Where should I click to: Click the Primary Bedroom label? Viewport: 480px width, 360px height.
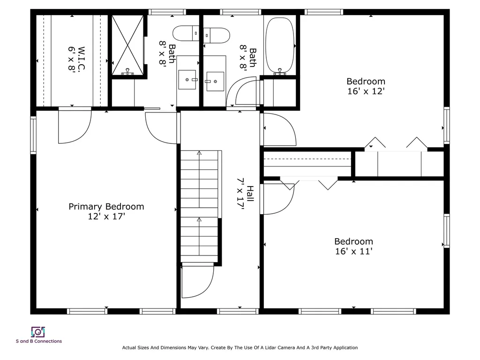point(106,207)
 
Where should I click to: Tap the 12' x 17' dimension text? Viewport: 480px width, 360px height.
point(106,217)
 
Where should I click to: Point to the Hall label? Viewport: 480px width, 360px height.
point(250,194)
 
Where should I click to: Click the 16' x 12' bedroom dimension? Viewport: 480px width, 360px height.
point(366,91)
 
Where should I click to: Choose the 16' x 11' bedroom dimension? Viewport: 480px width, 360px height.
point(353,251)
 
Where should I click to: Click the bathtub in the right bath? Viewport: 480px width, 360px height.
point(279,45)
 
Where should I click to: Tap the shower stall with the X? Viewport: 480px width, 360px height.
point(127,45)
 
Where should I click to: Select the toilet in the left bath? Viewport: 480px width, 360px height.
point(186,33)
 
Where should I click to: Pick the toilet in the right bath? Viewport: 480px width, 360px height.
point(217,36)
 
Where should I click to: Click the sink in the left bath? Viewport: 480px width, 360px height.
point(187,80)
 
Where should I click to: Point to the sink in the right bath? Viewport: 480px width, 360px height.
point(215,82)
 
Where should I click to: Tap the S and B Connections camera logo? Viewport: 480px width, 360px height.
point(38,332)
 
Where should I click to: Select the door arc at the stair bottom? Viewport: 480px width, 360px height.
point(197,281)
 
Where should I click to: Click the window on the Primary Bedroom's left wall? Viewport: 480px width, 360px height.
point(33,135)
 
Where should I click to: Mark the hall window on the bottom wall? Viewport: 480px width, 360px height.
point(238,311)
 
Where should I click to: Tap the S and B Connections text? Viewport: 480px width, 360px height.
point(39,341)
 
